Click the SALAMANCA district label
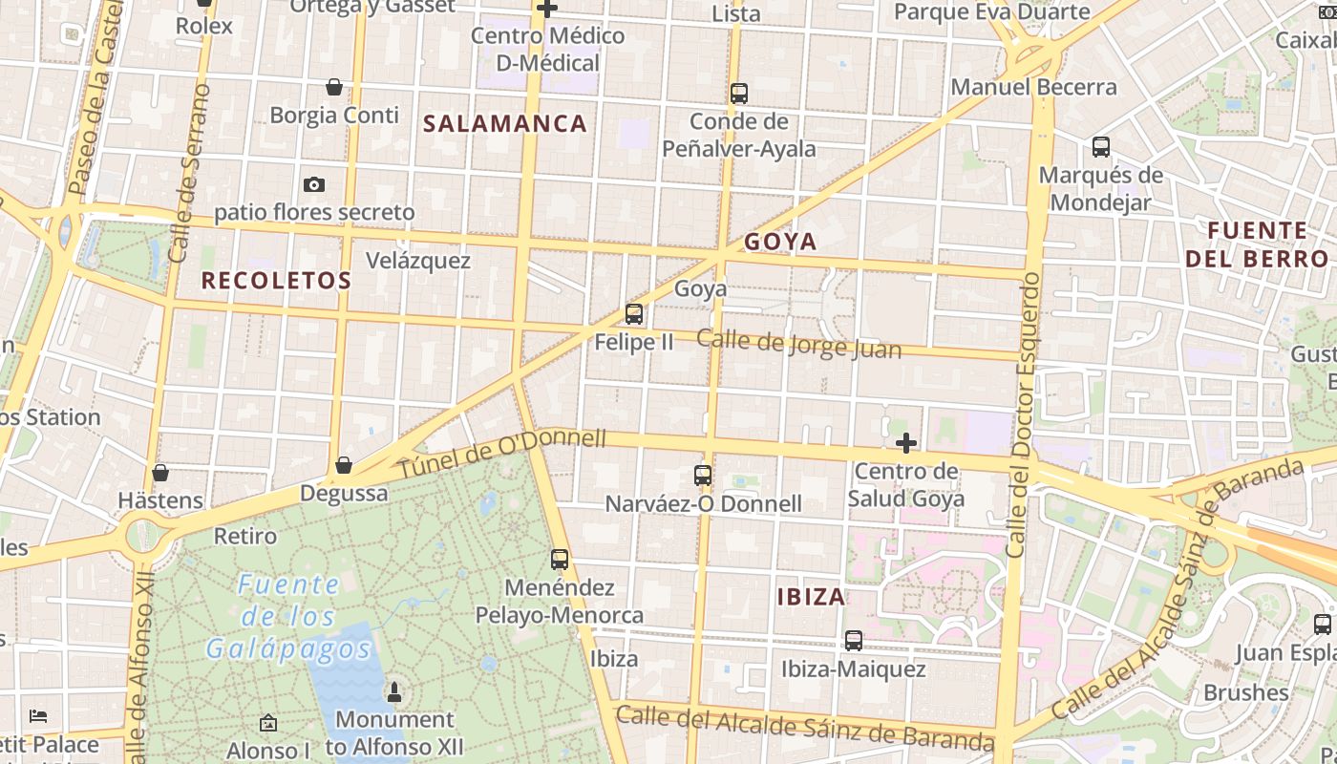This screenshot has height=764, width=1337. click(x=504, y=123)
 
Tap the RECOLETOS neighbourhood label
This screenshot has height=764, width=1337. click(x=276, y=281)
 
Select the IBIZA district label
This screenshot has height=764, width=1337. click(x=811, y=597)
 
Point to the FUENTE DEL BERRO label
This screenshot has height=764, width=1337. click(x=1257, y=244)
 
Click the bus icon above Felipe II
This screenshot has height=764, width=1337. click(x=633, y=313)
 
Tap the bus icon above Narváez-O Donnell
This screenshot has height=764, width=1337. click(x=703, y=475)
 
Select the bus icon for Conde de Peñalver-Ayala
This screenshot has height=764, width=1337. click(x=738, y=94)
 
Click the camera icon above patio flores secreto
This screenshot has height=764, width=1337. click(x=313, y=184)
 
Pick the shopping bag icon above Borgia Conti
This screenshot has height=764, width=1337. click(x=334, y=87)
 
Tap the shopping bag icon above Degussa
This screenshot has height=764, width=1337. click(x=344, y=465)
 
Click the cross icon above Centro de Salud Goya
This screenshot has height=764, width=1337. click(x=906, y=443)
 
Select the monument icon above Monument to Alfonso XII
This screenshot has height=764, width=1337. click(x=393, y=691)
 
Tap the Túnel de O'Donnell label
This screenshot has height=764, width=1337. click(x=501, y=454)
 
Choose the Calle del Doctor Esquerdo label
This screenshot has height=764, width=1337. click(x=1023, y=415)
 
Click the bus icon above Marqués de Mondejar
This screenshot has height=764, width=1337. click(x=1101, y=147)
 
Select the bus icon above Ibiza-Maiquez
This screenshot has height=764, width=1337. click(x=854, y=641)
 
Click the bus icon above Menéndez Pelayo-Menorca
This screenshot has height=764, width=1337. click(x=560, y=560)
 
